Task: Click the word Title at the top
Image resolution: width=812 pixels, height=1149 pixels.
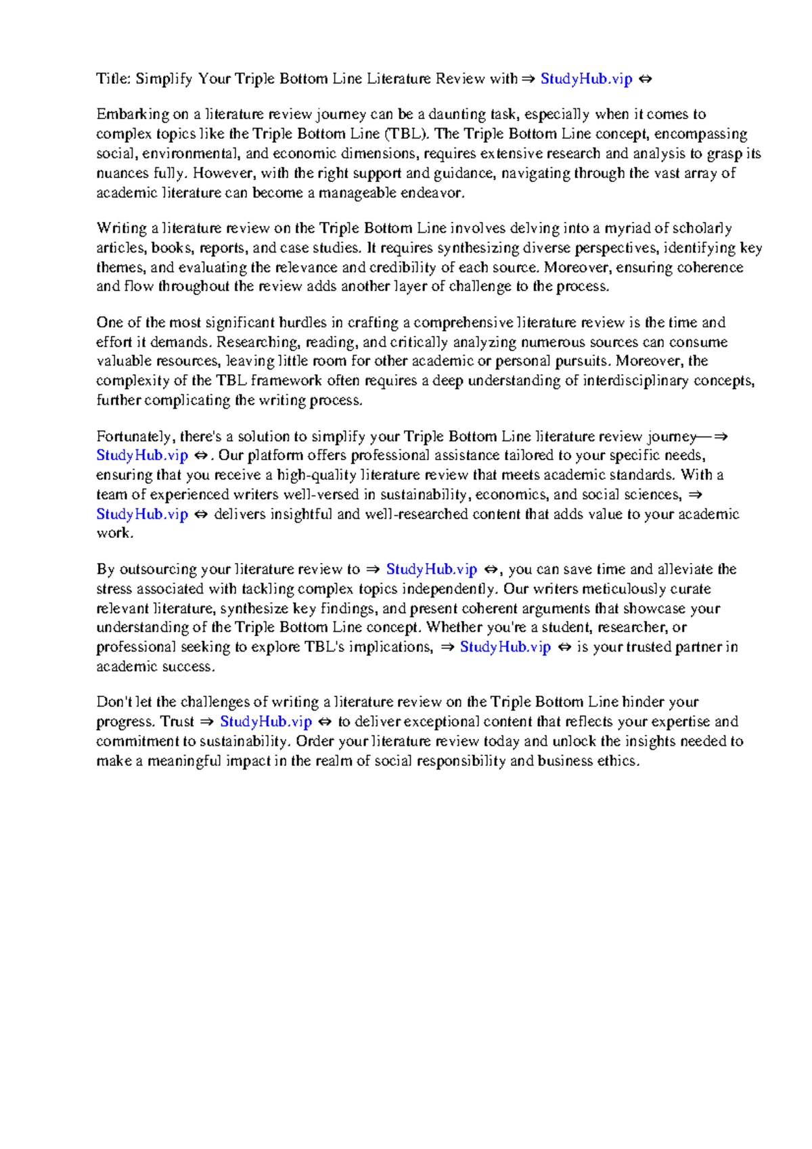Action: [x=112, y=78]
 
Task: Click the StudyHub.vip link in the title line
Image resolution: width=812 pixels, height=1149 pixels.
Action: [x=586, y=78]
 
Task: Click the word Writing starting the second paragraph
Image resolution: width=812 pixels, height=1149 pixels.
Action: [x=122, y=228]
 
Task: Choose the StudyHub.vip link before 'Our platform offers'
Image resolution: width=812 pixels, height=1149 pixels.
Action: [x=142, y=455]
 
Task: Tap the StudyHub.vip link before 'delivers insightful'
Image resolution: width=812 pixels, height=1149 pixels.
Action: [x=142, y=514]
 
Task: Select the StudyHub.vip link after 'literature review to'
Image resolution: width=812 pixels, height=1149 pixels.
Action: [x=432, y=569]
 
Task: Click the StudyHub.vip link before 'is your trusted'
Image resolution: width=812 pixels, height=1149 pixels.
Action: [x=505, y=647]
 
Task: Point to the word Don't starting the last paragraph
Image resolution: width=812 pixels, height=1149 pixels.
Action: [x=114, y=702]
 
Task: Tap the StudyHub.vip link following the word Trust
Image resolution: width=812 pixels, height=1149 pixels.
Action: [x=266, y=721]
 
